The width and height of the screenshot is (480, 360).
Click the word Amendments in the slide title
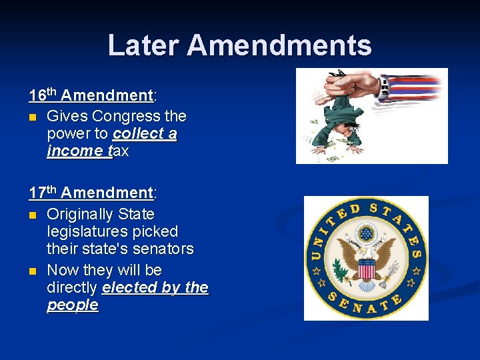[279, 45]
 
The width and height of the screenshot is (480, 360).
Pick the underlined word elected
[129, 287]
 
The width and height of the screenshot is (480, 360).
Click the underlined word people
[73, 305]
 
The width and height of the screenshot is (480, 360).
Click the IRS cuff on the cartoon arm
[384, 87]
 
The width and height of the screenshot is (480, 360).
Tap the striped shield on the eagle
[366, 268]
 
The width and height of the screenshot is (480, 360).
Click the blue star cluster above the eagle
[366, 234]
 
